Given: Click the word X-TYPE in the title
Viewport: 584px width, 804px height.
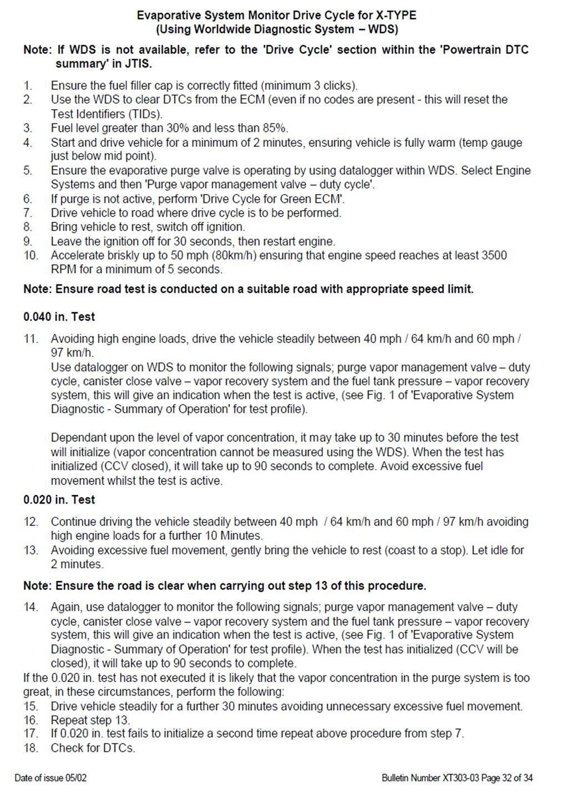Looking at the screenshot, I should coord(394,15).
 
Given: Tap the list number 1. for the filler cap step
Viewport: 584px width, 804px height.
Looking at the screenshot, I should coord(28,86).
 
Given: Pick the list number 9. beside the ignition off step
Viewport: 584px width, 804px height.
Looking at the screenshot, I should coord(28,242).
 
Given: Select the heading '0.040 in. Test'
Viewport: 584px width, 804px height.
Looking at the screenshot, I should coord(59,317).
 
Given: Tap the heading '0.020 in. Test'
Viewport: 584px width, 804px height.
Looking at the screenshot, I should coord(59,500).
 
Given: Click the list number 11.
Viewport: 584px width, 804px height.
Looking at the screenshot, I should coord(31,339).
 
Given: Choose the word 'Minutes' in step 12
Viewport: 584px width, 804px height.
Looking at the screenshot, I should coord(242,536).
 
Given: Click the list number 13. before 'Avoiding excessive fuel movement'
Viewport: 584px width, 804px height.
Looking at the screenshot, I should coord(31,551).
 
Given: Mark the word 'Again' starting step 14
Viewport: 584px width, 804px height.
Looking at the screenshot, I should coord(65,607).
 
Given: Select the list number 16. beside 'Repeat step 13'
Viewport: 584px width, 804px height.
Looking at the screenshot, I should coord(31,720).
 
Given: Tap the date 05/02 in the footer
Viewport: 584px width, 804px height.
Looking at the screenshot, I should coord(76,778).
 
